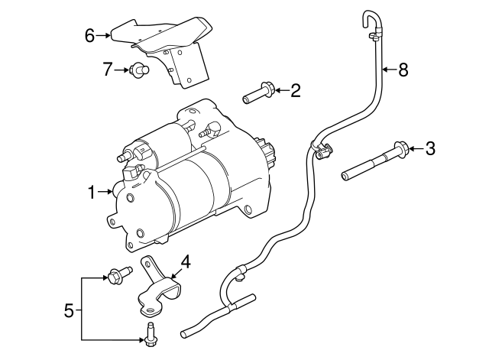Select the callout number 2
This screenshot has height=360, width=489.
point(296,92)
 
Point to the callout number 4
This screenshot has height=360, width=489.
point(185,262)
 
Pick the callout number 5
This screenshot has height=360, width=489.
point(69,310)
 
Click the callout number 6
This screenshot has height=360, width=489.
point(89,35)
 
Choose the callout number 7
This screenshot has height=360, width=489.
point(108,70)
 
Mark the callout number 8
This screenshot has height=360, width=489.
point(403,70)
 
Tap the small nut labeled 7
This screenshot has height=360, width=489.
point(139,71)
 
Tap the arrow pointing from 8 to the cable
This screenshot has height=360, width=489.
point(387,70)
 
